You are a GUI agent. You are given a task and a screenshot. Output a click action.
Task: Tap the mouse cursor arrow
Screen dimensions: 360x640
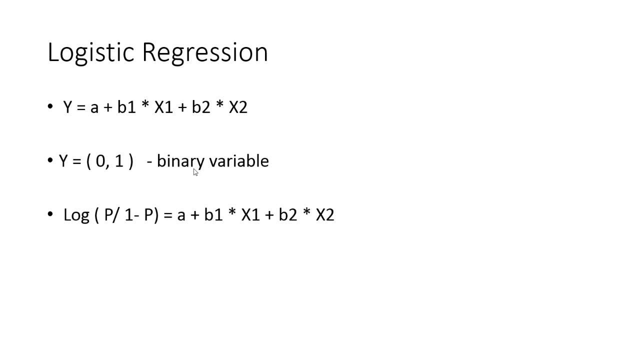pyautogui.click(x=195, y=172)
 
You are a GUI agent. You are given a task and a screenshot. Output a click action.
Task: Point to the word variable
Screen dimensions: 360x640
pyautogui.click(x=238, y=160)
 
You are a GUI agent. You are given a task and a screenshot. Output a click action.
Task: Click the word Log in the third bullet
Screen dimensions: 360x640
pyautogui.click(x=76, y=215)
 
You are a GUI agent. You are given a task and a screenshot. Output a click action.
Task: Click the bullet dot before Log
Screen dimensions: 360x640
pyautogui.click(x=50, y=214)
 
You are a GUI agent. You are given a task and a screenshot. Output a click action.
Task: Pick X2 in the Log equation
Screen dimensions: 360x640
pyautogui.click(x=325, y=214)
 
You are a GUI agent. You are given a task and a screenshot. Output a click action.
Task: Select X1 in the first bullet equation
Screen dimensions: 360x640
pyautogui.click(x=163, y=107)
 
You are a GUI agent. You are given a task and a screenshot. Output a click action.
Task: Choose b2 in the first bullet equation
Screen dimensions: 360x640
pyautogui.click(x=201, y=107)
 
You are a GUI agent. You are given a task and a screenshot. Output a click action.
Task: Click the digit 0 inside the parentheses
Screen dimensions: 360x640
pyautogui.click(x=101, y=161)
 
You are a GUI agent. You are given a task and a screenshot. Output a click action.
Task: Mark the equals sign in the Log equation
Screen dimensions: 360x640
pyautogui.click(x=167, y=215)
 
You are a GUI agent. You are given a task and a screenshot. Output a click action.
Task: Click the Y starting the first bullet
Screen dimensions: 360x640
pyautogui.click(x=68, y=107)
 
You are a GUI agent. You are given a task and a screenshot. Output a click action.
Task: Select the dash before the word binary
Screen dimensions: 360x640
pyautogui.click(x=149, y=162)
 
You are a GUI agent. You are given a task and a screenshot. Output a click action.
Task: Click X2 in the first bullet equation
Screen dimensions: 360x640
pyautogui.click(x=238, y=107)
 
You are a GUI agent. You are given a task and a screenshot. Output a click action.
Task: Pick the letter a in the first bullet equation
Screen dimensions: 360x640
pyautogui.click(x=94, y=108)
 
